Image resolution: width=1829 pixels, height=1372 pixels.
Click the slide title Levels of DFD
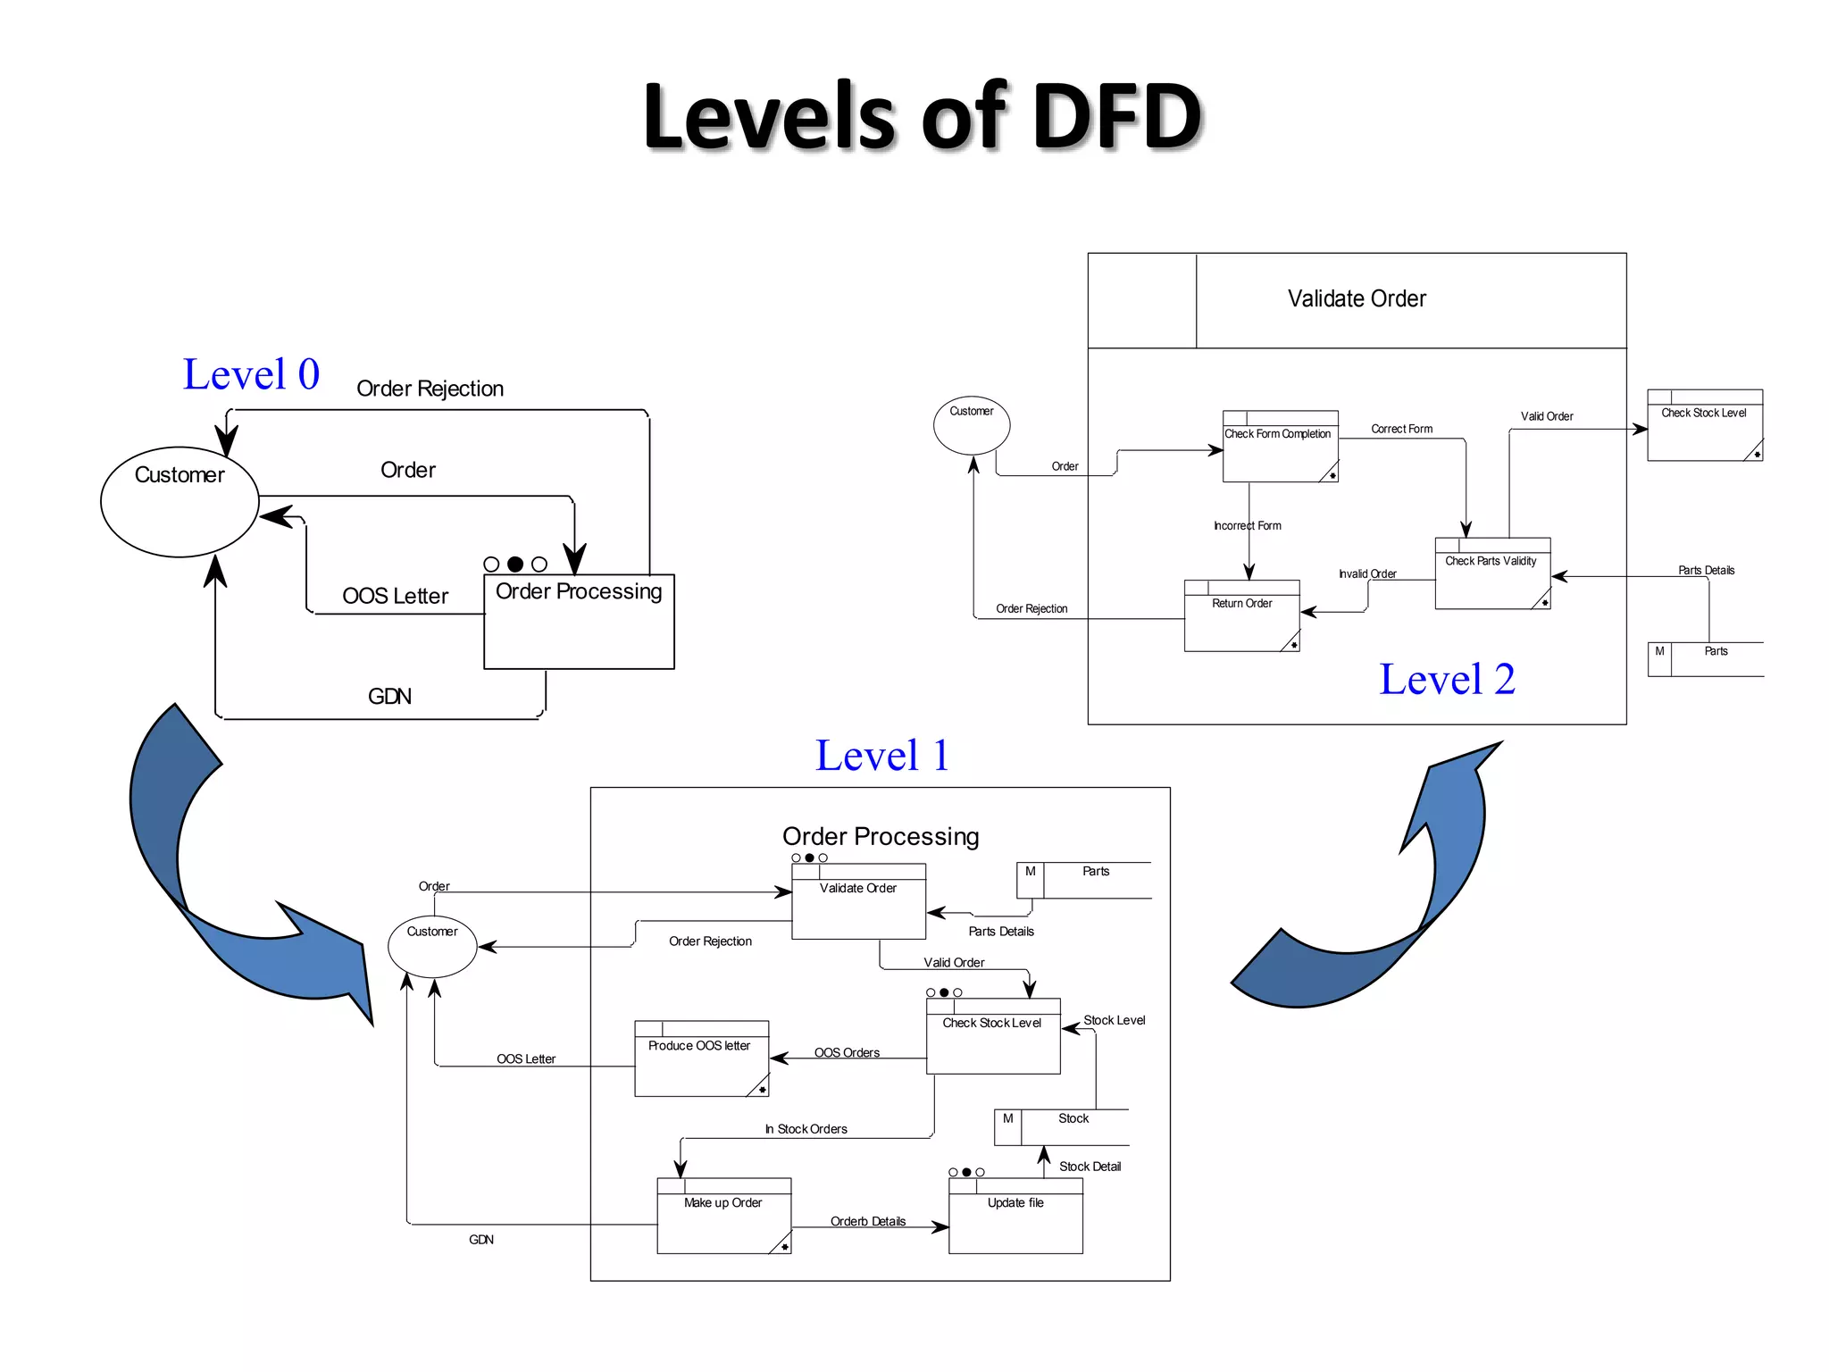923,116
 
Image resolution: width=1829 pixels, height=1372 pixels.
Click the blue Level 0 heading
251,374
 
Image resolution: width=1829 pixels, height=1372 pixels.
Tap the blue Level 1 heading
881,756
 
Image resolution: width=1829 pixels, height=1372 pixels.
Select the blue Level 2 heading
1446,680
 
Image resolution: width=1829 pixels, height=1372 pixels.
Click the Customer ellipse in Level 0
180,501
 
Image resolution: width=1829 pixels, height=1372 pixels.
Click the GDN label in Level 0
389,697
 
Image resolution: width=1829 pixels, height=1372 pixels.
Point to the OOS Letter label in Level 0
395,596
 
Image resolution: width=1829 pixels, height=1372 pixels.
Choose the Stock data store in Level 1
1063,1127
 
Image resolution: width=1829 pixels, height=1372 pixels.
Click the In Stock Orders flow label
806,1129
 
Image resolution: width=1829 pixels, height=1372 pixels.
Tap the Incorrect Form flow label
1247,526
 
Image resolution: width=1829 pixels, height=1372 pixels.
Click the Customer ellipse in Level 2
972,425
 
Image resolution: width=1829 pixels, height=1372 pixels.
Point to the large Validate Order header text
1357,299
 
